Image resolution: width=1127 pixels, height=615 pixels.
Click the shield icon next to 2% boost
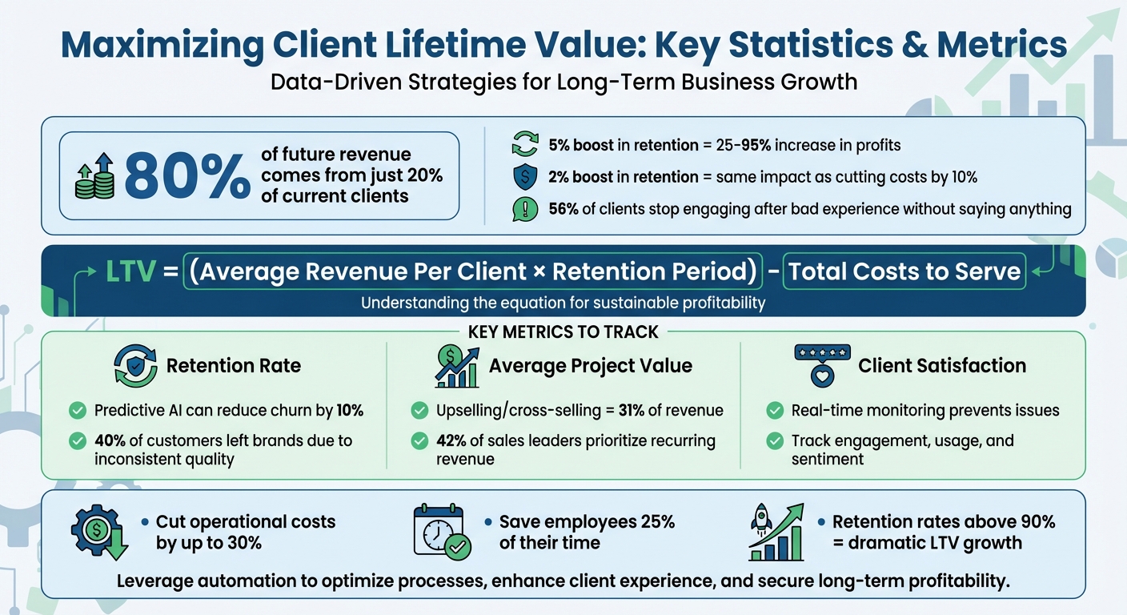pyautogui.click(x=523, y=177)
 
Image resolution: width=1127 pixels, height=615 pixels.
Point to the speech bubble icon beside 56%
pyautogui.click(x=523, y=209)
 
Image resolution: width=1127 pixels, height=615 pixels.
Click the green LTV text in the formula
pyautogui.click(x=131, y=272)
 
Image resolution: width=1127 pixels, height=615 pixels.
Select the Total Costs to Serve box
pyautogui.click(x=904, y=272)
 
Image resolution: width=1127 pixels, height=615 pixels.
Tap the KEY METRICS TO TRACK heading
pyautogui.click(x=563, y=332)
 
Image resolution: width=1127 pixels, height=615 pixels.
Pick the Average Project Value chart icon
pyautogui.click(x=456, y=367)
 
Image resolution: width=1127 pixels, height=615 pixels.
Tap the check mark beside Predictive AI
pyautogui.click(x=78, y=411)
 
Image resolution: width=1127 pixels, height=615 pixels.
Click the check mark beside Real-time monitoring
pyautogui.click(x=774, y=411)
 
